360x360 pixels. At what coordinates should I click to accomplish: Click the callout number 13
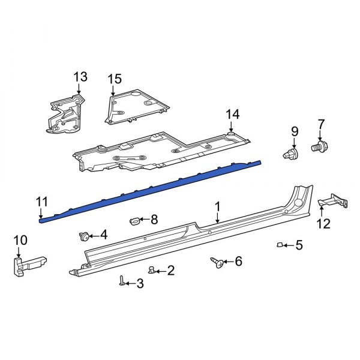click(x=80, y=77)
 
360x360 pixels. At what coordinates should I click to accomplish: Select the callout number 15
click(x=115, y=79)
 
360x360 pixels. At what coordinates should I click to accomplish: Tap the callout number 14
click(x=232, y=113)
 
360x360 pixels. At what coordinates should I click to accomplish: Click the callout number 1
click(x=218, y=206)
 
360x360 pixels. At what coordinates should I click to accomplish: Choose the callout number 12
click(x=323, y=224)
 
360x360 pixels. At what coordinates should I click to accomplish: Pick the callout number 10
click(x=20, y=240)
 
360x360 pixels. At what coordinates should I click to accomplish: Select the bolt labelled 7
click(x=319, y=146)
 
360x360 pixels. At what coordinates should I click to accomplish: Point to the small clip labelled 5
click(x=280, y=244)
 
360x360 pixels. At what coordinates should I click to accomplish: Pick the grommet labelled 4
click(x=85, y=236)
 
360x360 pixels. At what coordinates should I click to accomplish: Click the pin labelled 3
click(x=122, y=280)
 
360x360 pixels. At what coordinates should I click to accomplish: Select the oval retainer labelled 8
click(x=135, y=221)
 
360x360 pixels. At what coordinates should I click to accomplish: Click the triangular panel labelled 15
click(x=135, y=106)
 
